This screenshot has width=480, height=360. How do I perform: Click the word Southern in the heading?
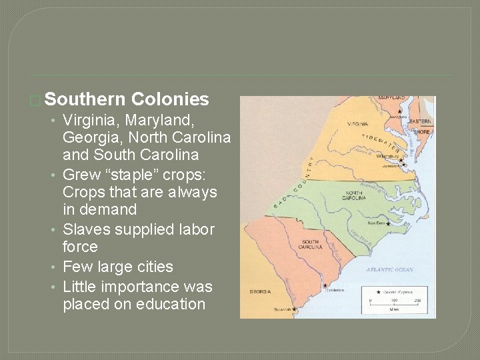85,100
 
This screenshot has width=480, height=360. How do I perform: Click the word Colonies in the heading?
171,100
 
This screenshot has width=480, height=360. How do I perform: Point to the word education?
171,304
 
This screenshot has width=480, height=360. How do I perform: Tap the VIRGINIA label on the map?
357,124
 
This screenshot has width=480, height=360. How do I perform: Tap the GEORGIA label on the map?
260,291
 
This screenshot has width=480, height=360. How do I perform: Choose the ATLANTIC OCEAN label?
389,270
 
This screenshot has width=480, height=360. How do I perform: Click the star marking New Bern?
388,225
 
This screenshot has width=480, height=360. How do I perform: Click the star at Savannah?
294,309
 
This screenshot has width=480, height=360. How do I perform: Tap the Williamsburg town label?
387,156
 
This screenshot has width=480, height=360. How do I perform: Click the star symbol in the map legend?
379,291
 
